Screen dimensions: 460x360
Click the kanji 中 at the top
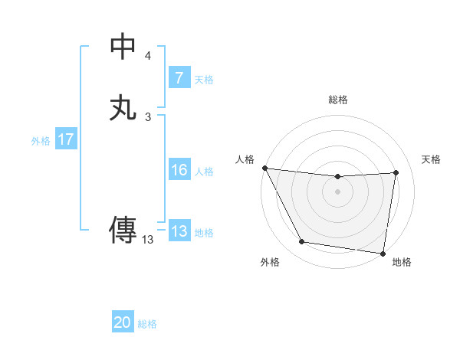123,47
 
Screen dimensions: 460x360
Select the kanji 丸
123,106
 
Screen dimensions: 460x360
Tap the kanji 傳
123,231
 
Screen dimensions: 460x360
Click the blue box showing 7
179,78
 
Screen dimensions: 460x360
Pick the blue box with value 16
179,170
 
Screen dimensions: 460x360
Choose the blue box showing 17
66,140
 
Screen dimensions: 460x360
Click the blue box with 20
123,323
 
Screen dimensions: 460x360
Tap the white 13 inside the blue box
179,231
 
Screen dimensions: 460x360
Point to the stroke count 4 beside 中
148,56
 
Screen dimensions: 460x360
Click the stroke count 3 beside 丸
148,116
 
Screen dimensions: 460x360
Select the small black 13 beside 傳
148,240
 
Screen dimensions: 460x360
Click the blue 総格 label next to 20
147,324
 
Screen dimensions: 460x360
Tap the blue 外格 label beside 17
41,141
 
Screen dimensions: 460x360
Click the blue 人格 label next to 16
204,172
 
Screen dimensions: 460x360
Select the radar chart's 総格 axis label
338,100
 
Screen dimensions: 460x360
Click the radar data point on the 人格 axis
264,168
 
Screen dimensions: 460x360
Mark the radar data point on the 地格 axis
383,253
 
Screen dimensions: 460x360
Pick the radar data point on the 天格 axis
396,172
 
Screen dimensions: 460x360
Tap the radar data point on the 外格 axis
302,243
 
